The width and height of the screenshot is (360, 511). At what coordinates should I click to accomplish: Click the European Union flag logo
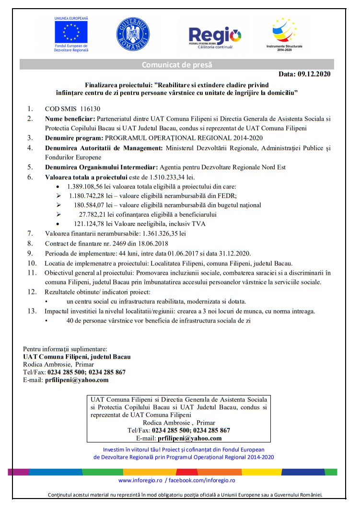pyautogui.click(x=71, y=32)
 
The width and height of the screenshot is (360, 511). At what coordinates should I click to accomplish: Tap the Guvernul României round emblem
pyautogui.click(x=133, y=35)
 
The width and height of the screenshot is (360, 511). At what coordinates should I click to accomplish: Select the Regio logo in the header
pyautogui.click(x=214, y=35)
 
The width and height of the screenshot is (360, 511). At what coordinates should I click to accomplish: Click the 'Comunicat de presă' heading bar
pyautogui.click(x=177, y=65)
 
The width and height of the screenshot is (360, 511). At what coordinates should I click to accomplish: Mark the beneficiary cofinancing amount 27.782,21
pyautogui.click(x=98, y=214)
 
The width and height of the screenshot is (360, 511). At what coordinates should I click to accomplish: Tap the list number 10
pyautogui.click(x=32, y=263)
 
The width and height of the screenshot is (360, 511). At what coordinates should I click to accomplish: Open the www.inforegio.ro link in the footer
pyautogui.click(x=140, y=480)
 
